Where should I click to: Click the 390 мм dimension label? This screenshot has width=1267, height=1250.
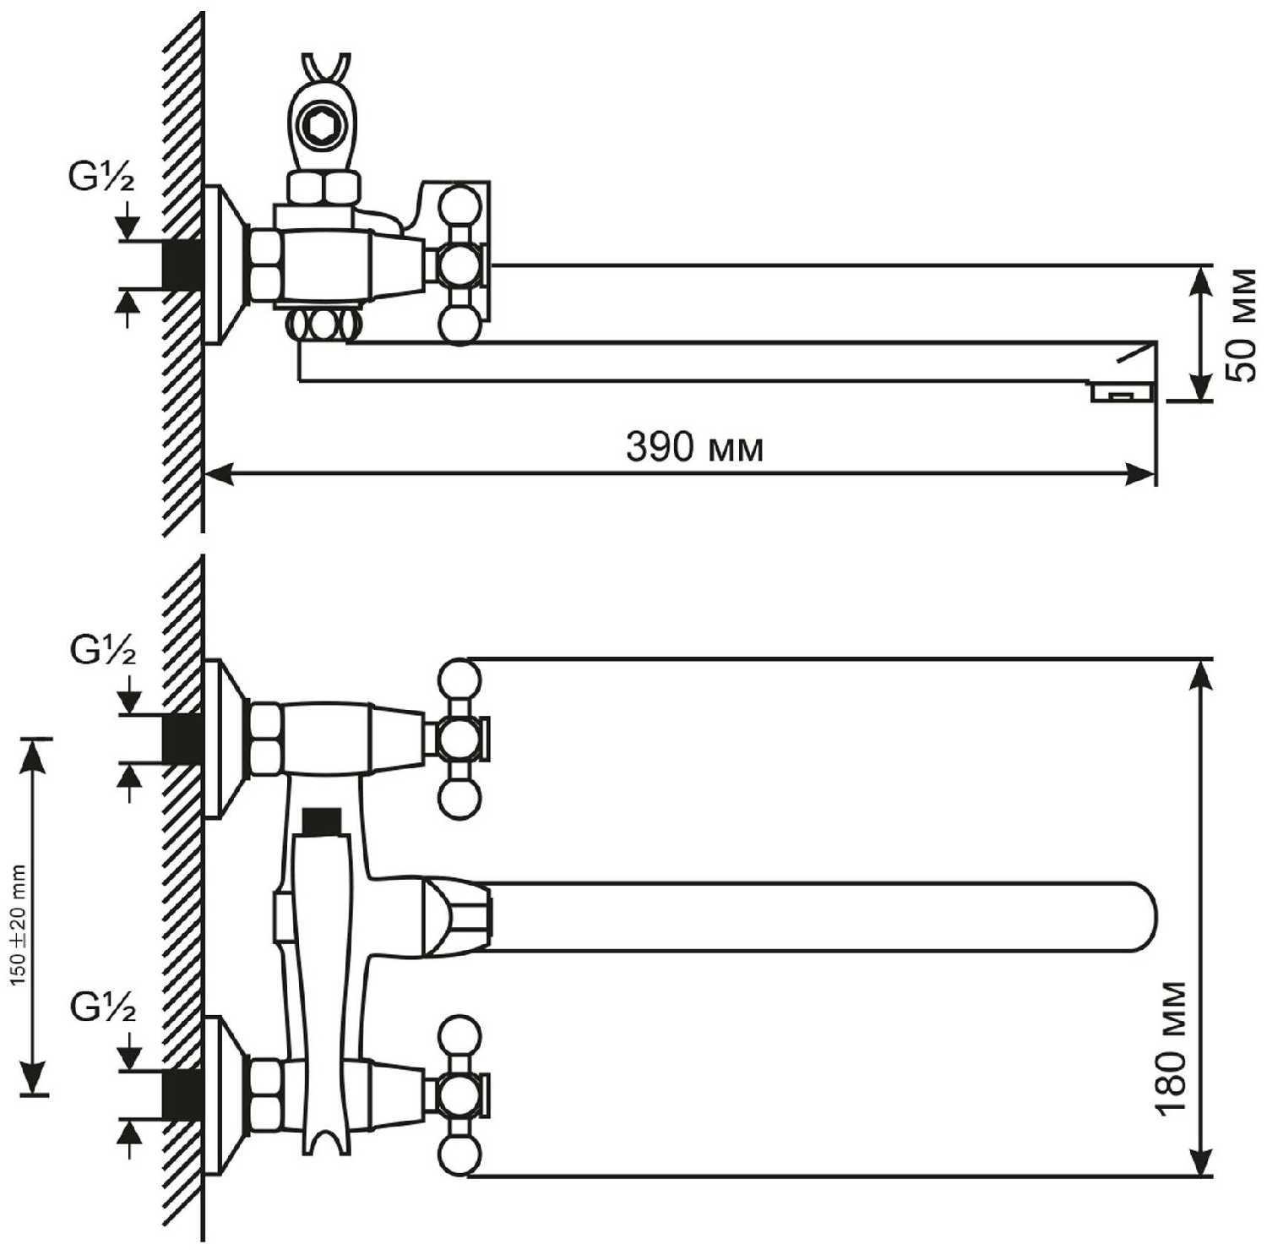694,447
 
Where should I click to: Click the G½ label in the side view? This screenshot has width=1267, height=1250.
101,177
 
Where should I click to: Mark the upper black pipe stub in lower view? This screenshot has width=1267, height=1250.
181,738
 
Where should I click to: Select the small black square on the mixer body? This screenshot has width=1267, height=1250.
322,819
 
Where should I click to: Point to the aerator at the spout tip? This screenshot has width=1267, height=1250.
1123,393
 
